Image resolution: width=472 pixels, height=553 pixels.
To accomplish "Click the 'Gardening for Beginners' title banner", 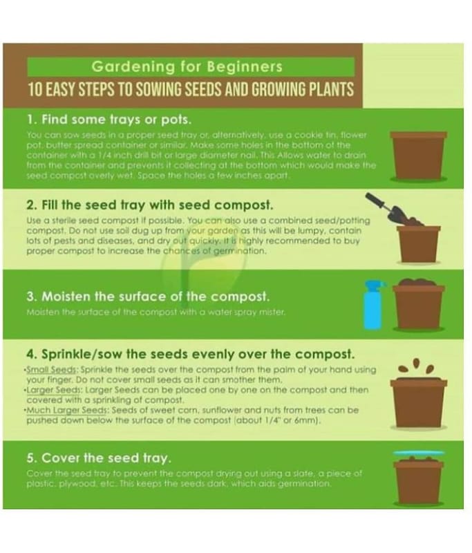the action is click(191, 66).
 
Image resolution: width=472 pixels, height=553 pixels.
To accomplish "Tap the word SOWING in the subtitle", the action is click(160, 90).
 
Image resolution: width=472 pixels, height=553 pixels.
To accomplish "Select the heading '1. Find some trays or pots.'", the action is click(109, 120).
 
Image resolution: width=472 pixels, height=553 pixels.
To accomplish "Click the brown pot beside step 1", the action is click(418, 156).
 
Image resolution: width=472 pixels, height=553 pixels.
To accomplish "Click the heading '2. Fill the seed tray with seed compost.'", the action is click(150, 205).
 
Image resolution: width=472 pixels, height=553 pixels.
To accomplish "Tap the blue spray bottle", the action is click(374, 304).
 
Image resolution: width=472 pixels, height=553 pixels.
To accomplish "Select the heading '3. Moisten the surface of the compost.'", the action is click(148, 297).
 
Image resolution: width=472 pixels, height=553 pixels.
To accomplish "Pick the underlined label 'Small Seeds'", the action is click(51, 370).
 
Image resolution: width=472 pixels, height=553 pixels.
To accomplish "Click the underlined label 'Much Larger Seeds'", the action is click(67, 411).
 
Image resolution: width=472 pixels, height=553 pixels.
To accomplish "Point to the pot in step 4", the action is click(418, 402).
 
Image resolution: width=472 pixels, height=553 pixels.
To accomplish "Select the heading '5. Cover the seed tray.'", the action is click(99, 458).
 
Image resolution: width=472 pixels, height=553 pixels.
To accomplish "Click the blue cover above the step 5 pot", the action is click(419, 453).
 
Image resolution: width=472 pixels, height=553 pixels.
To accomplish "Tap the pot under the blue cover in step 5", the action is click(419, 480).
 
